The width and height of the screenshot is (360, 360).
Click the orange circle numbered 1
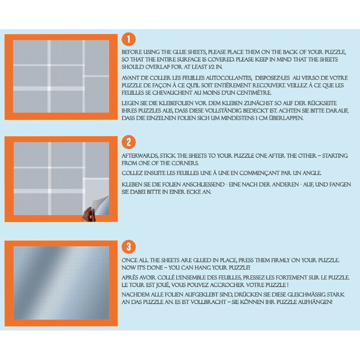pyautogui.click(x=129, y=39)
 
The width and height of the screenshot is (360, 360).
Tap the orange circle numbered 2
pyautogui.click(x=129, y=142)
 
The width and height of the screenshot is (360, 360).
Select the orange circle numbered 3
pyautogui.click(x=129, y=247)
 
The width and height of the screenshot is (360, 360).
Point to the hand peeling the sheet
pyautogui.click(x=89, y=215)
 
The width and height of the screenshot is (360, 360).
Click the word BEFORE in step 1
pyautogui.click(x=132, y=52)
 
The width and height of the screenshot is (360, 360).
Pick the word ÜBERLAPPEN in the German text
pyautogui.click(x=285, y=118)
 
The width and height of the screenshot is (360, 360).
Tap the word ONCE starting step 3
pyautogui.click(x=129, y=260)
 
